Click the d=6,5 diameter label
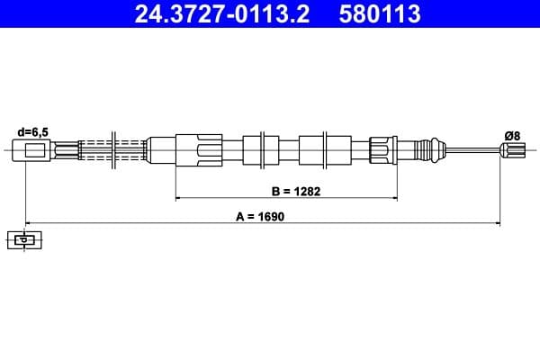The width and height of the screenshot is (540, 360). [x=32, y=132]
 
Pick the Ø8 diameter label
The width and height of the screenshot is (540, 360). [x=512, y=135]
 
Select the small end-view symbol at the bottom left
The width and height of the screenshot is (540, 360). [x=24, y=239]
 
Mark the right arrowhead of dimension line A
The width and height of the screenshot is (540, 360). [x=498, y=221]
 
